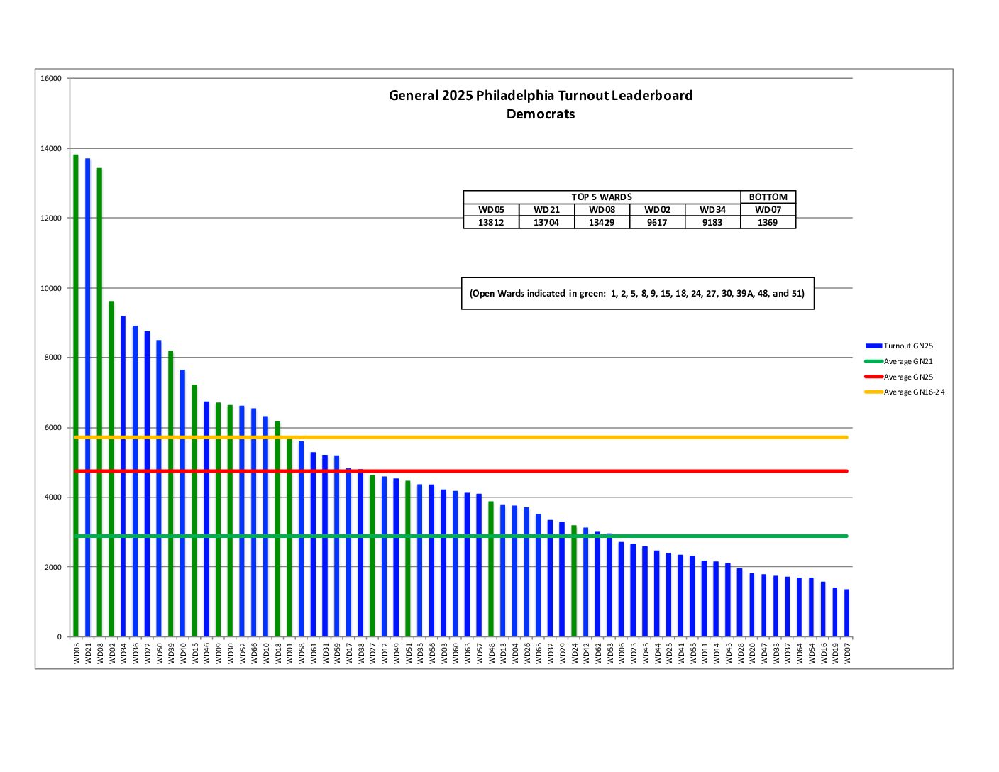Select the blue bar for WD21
88,397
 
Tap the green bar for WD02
111,468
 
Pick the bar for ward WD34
123,476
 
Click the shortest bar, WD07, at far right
846,613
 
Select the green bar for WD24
574,581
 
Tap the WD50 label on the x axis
159,654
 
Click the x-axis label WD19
835,654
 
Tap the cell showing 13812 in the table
491,223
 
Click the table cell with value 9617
657,223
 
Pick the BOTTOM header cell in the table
768,197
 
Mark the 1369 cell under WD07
768,223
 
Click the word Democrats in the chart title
541,114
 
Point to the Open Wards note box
637,294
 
